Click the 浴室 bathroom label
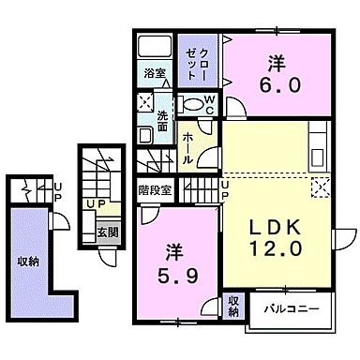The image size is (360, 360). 155,73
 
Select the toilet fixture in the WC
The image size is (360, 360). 190,104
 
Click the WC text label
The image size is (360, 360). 210,105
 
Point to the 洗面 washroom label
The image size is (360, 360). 162,121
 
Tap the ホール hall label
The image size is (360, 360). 187,148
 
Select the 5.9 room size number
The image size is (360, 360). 178,276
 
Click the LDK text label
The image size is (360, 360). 275,227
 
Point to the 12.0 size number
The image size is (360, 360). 276,248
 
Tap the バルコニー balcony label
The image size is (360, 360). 292,309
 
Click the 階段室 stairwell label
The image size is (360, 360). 155,190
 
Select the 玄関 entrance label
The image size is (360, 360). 108,232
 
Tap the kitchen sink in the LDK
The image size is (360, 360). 318,157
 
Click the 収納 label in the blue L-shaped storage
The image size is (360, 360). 28,262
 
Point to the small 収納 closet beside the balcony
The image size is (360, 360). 233,307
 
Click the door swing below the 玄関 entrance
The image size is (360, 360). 107,257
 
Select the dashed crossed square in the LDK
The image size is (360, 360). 321,187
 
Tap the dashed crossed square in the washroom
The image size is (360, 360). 145,101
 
